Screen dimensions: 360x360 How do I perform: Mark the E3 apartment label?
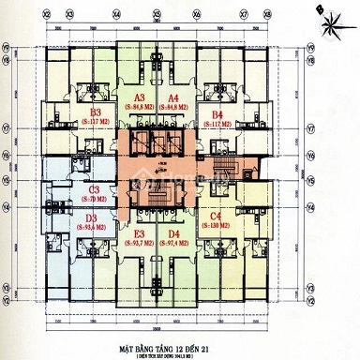[x=141, y=234]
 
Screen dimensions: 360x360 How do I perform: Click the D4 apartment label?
[x=173, y=234]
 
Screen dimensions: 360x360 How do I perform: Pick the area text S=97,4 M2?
[x=173, y=245]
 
